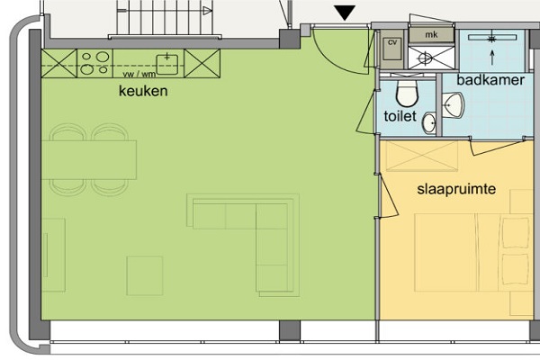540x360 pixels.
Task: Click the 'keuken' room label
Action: tap(143, 91)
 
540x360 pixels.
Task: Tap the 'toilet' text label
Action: tap(400, 116)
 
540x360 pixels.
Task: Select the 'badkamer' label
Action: tap(490, 80)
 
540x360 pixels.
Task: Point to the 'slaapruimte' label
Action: tap(456, 189)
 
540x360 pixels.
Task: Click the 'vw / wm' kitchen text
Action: tap(139, 74)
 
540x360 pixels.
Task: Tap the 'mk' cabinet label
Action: tap(431, 34)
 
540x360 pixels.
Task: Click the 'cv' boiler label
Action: tap(392, 42)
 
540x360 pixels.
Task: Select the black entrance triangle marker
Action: tap(345, 13)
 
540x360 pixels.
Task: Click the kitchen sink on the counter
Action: tap(167, 65)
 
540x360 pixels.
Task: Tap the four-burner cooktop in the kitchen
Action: tap(95, 63)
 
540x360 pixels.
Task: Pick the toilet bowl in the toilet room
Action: tap(407, 93)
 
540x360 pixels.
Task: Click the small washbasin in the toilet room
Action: tap(429, 123)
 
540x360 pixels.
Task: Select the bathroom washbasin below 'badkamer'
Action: tap(453, 105)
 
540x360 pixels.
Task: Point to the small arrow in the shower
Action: tap(491, 58)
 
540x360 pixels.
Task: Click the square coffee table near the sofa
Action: tap(145, 275)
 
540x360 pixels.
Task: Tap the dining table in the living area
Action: tap(89, 160)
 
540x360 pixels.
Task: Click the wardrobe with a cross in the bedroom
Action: tap(422, 156)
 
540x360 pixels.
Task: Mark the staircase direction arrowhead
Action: tap(207, 11)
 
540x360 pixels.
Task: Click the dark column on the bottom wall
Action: tap(290, 330)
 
